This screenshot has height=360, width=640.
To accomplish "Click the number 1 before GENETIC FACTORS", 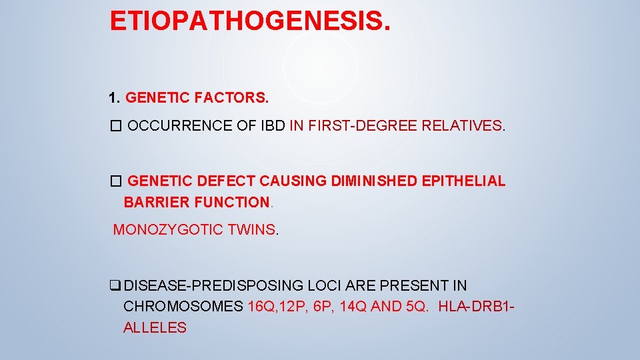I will point(113,98).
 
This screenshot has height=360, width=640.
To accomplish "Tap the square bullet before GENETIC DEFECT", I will point(116,181).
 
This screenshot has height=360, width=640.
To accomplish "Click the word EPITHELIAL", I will point(468,181).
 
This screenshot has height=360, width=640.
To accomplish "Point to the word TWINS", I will point(252,230).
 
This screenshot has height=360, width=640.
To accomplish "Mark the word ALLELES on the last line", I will point(155,327).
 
